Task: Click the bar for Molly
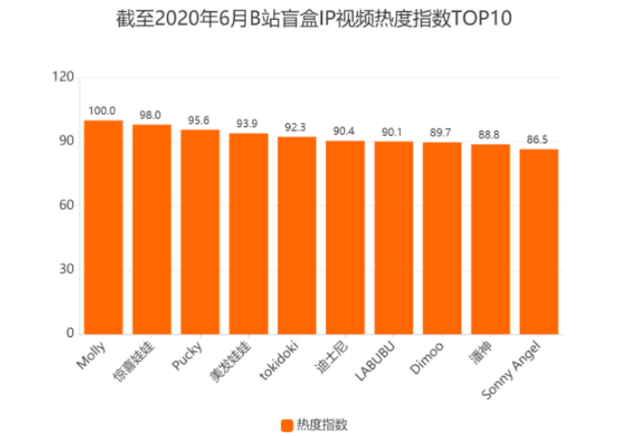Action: tap(103, 227)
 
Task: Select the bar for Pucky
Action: tap(200, 232)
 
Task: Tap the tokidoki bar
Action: tap(296, 235)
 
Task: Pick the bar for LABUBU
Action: tap(394, 237)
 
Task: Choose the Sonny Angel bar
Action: tap(539, 241)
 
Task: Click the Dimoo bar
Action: tap(442, 238)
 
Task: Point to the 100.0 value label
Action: tap(103, 111)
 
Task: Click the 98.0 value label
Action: tap(152, 115)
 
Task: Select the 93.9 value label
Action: tap(248, 124)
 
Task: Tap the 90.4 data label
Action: tap(345, 131)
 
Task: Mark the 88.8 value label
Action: tap(491, 135)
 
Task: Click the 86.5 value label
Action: tap(539, 140)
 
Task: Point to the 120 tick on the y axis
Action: tap(65, 77)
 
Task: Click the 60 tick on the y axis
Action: tap(68, 206)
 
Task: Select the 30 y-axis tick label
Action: tap(68, 270)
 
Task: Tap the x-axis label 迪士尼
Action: tap(336, 353)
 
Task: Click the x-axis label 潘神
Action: tap(482, 352)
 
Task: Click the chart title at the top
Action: tap(310, 18)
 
